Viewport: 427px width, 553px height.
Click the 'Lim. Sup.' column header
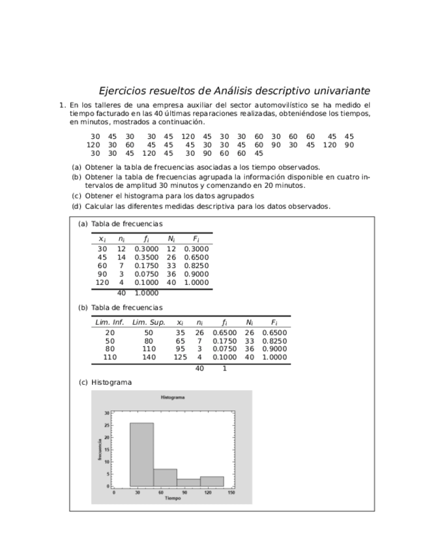149,322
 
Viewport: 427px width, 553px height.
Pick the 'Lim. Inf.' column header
110,322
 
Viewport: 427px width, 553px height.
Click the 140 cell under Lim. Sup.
149,357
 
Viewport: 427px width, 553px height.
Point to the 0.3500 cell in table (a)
146,258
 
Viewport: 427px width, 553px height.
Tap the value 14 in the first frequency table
121,258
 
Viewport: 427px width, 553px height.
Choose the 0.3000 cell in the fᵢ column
146,249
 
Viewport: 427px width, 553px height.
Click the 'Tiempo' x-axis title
173,498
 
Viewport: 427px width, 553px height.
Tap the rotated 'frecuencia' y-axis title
100,450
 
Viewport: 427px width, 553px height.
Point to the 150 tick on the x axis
231,493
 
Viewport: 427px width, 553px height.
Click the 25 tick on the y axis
107,425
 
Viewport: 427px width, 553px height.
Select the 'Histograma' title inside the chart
173,397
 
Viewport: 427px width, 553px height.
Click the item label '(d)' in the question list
76,207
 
